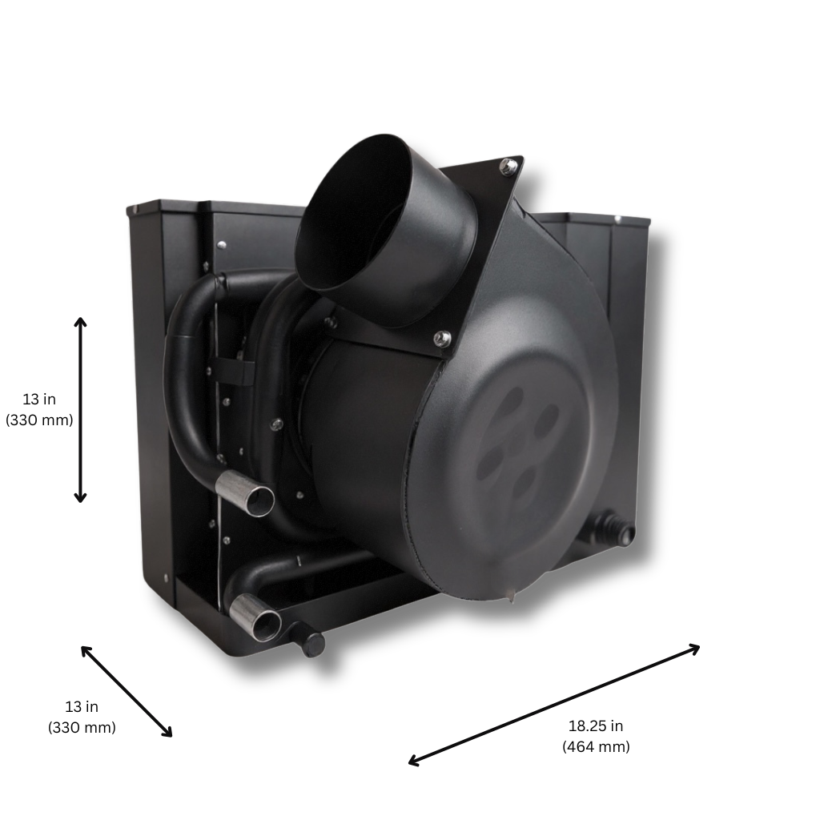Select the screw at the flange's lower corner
click(x=439, y=339)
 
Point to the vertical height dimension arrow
click(x=80, y=409)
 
